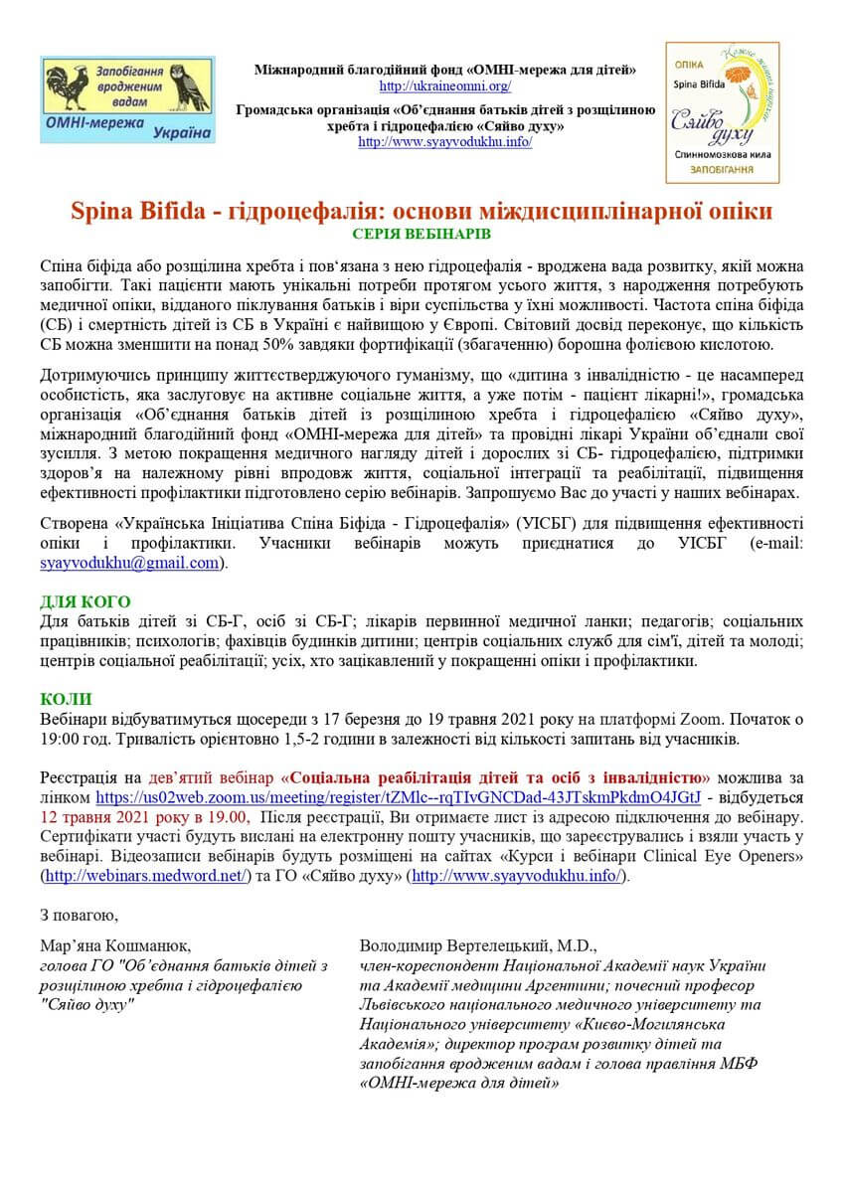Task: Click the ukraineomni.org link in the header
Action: [x=445, y=86]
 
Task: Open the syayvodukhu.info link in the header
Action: [x=445, y=142]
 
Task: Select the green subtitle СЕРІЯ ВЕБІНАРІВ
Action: [x=422, y=235]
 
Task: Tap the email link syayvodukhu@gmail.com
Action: [x=129, y=563]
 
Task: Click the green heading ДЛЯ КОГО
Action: [x=85, y=601]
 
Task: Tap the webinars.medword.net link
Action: [x=143, y=876]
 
